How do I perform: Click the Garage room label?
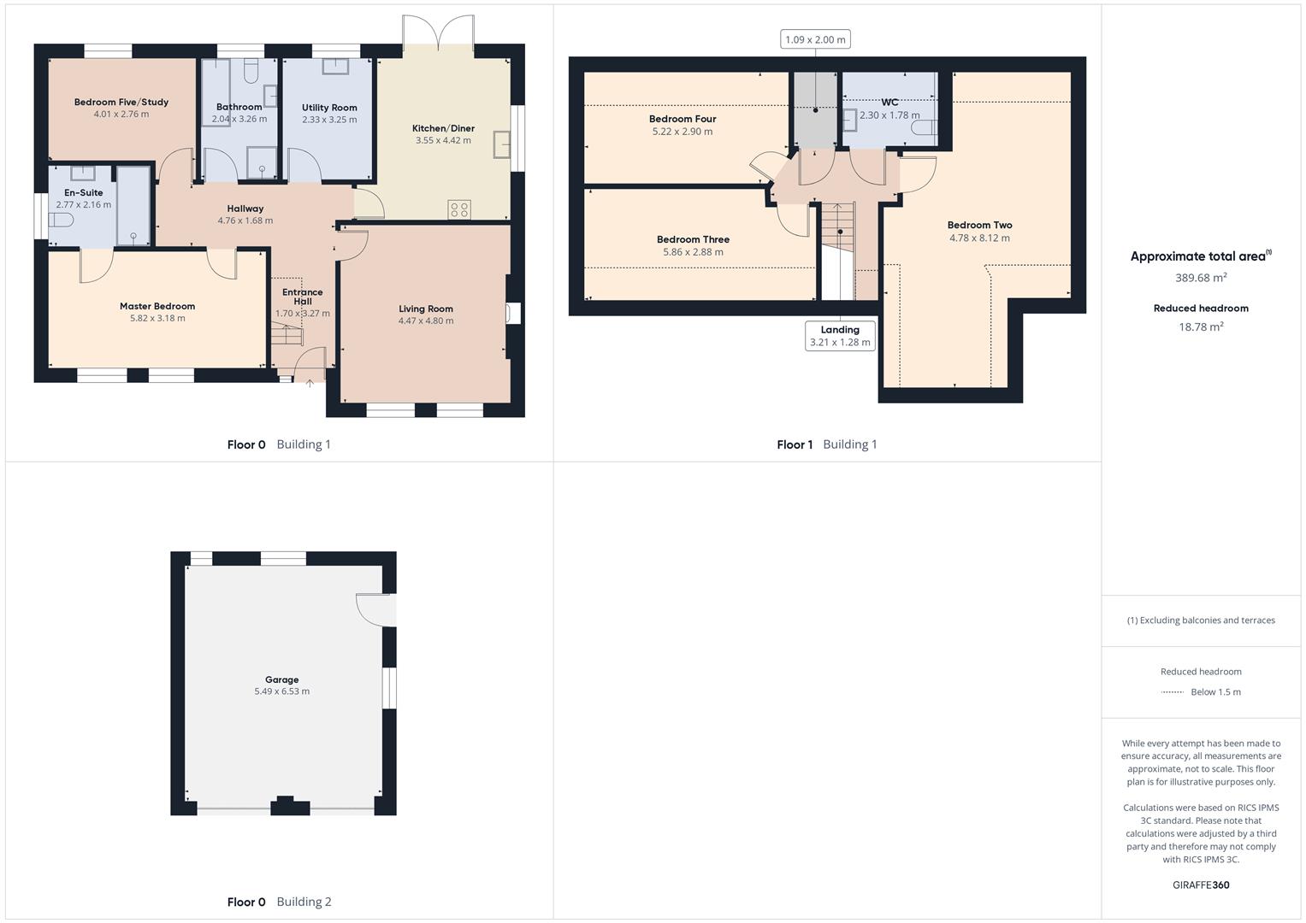(281, 680)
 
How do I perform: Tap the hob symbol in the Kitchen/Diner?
(459, 209)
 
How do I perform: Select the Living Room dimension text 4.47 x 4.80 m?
(426, 321)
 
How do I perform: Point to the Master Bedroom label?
(157, 306)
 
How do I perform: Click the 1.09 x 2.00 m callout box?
(815, 39)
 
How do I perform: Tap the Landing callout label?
(840, 330)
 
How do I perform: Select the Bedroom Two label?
(979, 226)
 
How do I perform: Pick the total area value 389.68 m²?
(1201, 278)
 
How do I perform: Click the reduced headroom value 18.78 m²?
(1201, 326)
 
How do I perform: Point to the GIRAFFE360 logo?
(1201, 885)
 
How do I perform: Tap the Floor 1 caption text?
(795, 444)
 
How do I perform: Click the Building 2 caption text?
(304, 902)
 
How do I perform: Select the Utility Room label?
(329, 108)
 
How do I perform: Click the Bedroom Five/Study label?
(121, 103)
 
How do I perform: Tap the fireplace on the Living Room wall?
(512, 314)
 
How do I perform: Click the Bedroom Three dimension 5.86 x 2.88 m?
(693, 252)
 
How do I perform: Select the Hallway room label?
(245, 209)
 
